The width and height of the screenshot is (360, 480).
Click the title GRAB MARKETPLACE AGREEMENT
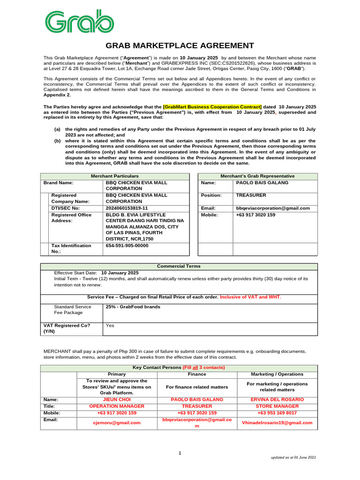click(180, 45)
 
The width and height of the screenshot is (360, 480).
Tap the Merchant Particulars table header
click(115, 176)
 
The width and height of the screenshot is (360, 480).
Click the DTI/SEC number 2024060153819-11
click(127, 208)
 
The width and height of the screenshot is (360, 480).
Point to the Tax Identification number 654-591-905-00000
click(127, 245)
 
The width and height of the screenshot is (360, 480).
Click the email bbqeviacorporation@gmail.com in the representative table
click(273, 208)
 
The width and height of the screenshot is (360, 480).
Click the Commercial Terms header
click(179, 266)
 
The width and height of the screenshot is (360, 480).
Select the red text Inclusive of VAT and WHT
click(251, 297)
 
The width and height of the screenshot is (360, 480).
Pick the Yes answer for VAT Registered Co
click(110, 325)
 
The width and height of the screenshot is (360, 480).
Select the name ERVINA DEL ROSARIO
click(277, 399)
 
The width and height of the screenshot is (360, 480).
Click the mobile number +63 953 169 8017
click(277, 413)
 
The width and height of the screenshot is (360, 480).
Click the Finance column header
click(197, 374)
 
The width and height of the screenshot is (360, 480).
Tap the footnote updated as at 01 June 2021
click(294, 457)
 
